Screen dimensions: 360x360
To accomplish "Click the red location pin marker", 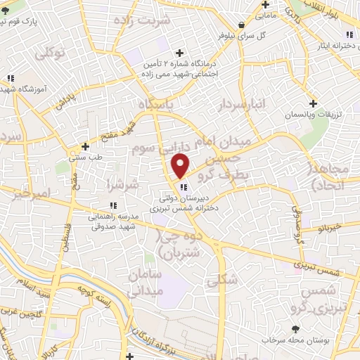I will (x=181, y=166).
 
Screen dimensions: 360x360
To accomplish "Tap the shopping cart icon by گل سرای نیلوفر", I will (x=242, y=23).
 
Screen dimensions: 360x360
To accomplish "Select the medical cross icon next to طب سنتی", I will (x=84, y=146).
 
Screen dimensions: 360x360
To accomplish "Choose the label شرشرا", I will (x=116, y=184).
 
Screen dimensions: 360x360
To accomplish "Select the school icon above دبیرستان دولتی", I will (x=183, y=187).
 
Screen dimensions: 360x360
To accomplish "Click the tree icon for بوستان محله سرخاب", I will (x=295, y=328).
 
